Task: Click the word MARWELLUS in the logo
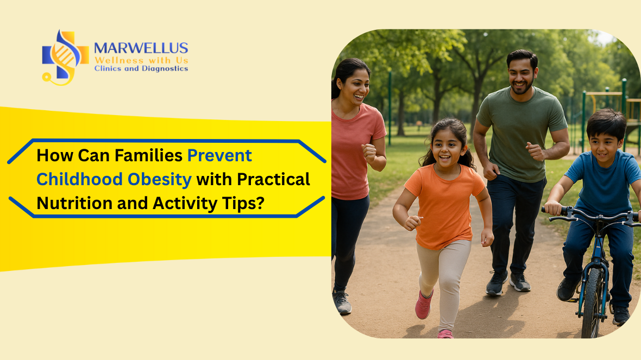tap(141, 48)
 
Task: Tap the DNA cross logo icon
tap(64, 56)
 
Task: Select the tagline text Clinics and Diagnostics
tap(141, 69)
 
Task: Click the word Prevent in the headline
tap(219, 156)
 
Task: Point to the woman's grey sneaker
tap(342, 302)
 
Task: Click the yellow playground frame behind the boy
tap(603, 94)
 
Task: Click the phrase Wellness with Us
tap(141, 60)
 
